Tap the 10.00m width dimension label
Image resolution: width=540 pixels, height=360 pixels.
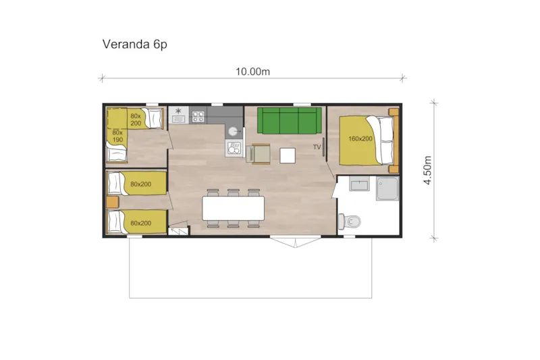tap(252, 71)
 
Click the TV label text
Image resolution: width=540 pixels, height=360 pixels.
tap(317, 147)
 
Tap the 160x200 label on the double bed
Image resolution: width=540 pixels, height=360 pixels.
tap(360, 138)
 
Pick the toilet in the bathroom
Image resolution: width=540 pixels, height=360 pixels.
tap(352, 221)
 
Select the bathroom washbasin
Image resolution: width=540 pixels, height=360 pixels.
tap(358, 184)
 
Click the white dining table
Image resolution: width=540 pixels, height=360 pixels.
tap(233, 209)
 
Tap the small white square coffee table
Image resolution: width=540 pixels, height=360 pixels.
tap(288, 155)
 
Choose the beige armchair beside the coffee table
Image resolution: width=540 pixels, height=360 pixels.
tap(261, 155)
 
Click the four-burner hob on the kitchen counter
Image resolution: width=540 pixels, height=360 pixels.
tap(198, 116)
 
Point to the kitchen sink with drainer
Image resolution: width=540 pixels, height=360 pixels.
tap(234, 147)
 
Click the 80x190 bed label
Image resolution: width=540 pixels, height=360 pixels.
tap(118, 136)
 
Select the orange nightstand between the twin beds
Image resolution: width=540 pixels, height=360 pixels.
tap(113, 202)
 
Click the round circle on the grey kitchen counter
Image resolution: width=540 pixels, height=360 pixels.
tap(232, 132)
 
